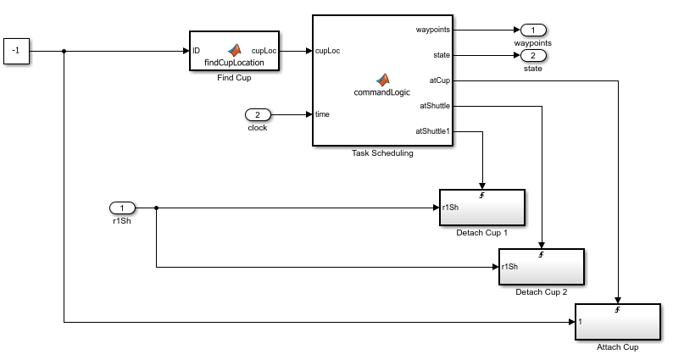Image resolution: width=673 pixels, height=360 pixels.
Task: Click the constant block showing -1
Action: click(16, 51)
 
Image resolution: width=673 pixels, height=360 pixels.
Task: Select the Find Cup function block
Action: click(234, 51)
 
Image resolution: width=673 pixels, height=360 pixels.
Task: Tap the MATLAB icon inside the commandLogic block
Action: click(382, 80)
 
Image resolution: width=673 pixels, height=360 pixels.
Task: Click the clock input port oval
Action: click(258, 114)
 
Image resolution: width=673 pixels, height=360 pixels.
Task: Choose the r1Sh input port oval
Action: click(122, 208)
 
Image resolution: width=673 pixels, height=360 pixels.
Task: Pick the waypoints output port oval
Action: click(533, 30)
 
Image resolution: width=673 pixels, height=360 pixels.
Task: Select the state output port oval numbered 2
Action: click(533, 55)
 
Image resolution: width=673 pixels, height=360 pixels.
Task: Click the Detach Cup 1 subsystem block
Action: click(482, 208)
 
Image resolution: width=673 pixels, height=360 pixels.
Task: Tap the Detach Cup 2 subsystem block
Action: click(542, 267)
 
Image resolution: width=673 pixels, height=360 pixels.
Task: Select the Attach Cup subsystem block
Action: click(618, 322)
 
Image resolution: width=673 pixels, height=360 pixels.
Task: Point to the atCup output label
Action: click(440, 80)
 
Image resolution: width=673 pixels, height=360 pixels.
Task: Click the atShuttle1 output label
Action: click(432, 130)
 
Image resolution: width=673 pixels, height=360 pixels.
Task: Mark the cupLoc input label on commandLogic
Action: click(327, 51)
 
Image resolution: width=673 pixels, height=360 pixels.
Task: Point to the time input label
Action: click(322, 114)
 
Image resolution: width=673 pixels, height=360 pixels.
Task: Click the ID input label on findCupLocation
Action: click(196, 51)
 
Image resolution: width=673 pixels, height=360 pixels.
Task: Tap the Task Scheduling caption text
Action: click(382, 153)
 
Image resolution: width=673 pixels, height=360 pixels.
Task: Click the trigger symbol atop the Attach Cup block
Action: click(617, 309)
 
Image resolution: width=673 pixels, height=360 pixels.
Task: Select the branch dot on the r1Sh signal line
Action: click(156, 208)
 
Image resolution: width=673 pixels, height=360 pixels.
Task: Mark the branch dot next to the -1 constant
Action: click(64, 51)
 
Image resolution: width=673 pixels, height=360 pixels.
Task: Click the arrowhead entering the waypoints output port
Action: click(517, 30)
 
